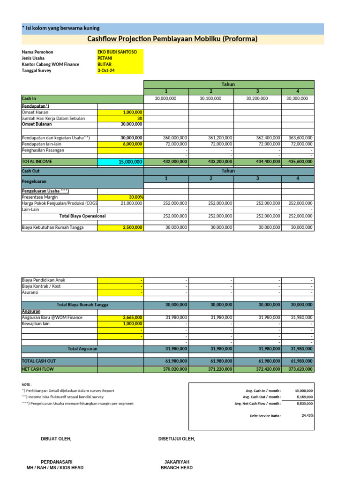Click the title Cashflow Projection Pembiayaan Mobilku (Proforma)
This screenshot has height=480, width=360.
(x=172, y=39)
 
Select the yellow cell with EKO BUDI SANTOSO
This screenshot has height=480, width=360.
(x=117, y=52)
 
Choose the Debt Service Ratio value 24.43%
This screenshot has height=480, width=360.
(x=307, y=415)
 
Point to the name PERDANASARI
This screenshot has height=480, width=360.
(x=56, y=462)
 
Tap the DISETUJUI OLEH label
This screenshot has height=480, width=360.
(x=177, y=439)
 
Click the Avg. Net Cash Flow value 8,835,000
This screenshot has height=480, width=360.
(x=305, y=403)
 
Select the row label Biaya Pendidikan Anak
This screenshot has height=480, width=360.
(x=44, y=280)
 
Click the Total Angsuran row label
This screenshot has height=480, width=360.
(x=82, y=349)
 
